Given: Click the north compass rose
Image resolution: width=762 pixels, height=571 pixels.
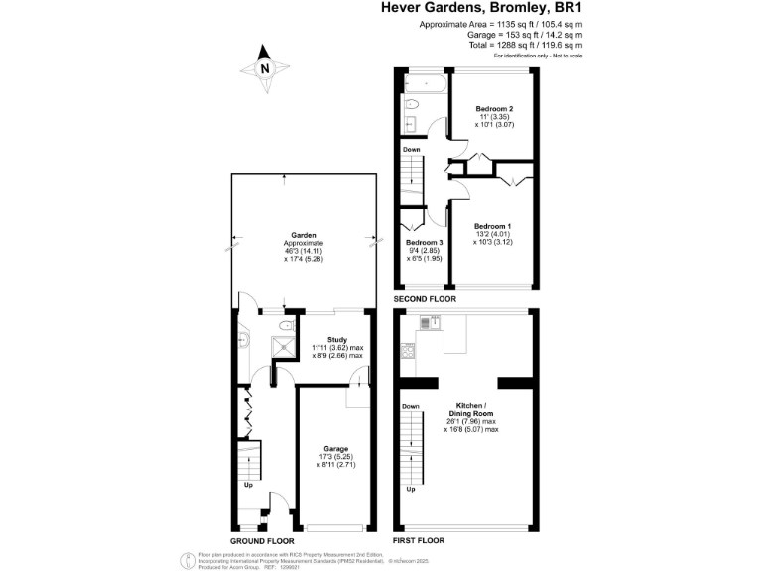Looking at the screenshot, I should [264, 69].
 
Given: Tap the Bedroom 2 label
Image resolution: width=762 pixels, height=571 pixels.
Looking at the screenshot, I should [493, 108].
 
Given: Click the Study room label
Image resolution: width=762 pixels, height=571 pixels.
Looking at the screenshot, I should [336, 339].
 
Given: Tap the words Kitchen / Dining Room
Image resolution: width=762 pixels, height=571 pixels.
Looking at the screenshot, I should [470, 412].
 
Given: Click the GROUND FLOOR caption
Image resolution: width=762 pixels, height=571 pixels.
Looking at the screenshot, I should [260, 541].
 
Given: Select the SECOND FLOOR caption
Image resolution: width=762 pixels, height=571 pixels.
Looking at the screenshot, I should [425, 298].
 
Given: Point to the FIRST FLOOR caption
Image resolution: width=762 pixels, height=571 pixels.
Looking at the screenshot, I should [419, 541].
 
